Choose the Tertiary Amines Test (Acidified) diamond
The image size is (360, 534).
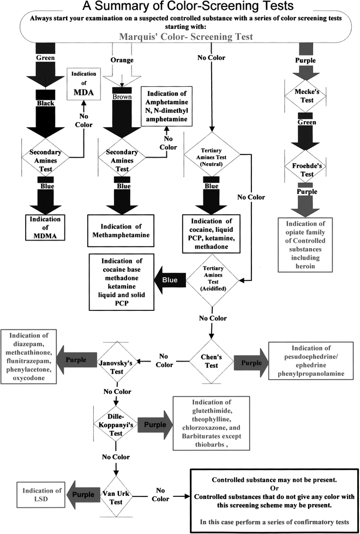click(209, 280)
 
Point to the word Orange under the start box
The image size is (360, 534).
click(122, 60)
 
